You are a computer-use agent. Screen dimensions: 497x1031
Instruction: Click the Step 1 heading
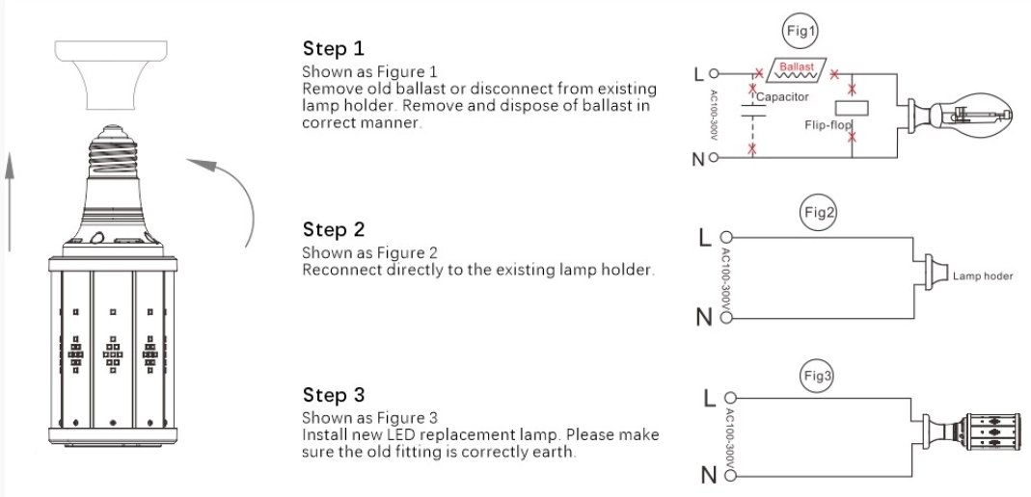(334, 49)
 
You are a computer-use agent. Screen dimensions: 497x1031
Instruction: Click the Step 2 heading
(334, 230)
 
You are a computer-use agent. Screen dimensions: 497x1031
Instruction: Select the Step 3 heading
(334, 396)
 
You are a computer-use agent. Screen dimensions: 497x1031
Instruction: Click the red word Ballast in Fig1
(797, 68)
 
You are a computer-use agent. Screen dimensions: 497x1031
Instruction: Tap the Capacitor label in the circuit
(782, 97)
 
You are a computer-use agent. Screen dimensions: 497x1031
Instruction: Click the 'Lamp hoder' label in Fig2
(983, 275)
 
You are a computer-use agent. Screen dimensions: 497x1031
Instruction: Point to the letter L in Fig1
(699, 73)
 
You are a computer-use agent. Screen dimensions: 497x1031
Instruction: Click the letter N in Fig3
(708, 475)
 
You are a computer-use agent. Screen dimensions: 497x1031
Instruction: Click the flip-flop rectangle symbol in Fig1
(853, 108)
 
